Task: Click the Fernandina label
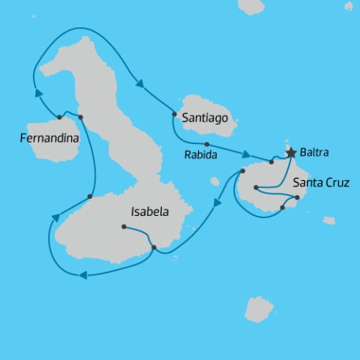pyautogui.click(x=49, y=137)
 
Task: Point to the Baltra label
pyautogui.click(x=314, y=152)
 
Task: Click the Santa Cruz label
pyautogui.click(x=321, y=181)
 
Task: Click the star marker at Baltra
pyautogui.click(x=291, y=152)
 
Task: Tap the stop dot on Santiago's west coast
pyautogui.click(x=174, y=115)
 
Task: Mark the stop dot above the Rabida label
pyautogui.click(x=206, y=144)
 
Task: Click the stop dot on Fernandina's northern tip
pyautogui.click(x=58, y=117)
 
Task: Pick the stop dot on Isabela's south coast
pyautogui.click(x=153, y=247)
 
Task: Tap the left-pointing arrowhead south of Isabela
pyautogui.click(x=82, y=275)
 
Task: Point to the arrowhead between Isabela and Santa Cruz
pyautogui.click(x=217, y=201)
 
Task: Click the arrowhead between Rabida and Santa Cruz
pyautogui.click(x=245, y=154)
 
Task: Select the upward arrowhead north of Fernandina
pyautogui.click(x=39, y=92)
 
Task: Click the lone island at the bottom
pyautogui.click(x=259, y=309)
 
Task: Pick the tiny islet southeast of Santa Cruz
pyautogui.click(x=329, y=220)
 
